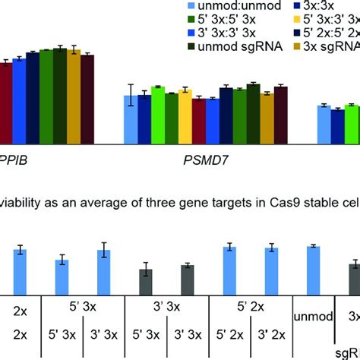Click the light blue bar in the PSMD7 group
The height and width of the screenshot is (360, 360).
pyautogui.click(x=131, y=118)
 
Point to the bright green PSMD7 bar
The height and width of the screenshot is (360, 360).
pyautogui.click(x=157, y=114)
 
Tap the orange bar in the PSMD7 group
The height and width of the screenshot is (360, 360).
pyautogui.click(x=267, y=118)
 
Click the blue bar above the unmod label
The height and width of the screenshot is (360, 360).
pyautogui.click(x=312, y=270)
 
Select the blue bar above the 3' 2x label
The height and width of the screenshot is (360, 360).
pyautogui.click(x=271, y=270)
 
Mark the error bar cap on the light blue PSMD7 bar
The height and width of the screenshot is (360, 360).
pyautogui.click(x=131, y=84)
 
